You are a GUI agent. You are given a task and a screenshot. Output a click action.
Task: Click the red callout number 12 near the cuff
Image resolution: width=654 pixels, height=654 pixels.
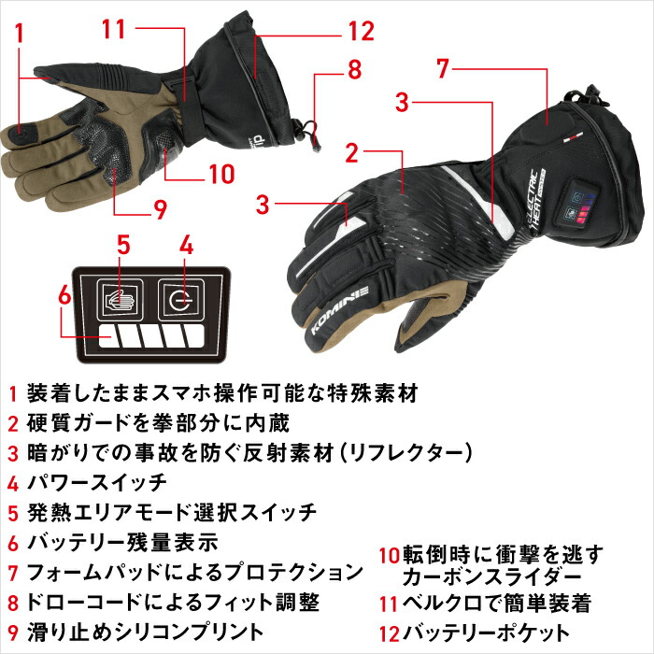tap(362, 31)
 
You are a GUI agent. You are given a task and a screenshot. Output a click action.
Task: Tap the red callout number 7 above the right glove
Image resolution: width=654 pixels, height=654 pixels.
tap(443, 68)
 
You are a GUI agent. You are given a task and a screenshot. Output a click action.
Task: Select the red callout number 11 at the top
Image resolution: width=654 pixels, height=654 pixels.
tap(114, 29)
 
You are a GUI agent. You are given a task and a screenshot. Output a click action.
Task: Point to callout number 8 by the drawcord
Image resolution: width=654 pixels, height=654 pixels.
tap(354, 70)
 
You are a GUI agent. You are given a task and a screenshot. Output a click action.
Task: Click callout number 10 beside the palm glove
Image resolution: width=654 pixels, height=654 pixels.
tap(221, 174)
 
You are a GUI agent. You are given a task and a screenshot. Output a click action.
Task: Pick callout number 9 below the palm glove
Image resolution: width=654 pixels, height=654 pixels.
tap(160, 209)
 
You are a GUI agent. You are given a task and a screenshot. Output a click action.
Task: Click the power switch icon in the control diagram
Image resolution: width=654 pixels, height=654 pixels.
tap(181, 300)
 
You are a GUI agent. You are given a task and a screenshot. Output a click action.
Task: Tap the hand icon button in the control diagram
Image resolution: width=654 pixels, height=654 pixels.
tap(120, 300)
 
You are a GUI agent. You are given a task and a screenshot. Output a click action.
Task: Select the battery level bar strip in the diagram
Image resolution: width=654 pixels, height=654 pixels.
tap(151, 336)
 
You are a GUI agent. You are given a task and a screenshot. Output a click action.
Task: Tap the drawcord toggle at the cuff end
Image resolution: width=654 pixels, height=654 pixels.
tap(313, 136)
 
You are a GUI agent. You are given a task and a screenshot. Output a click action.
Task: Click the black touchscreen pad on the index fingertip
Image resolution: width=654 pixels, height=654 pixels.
tap(20, 133)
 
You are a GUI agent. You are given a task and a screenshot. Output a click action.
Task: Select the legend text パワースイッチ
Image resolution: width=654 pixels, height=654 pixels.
tap(97, 483)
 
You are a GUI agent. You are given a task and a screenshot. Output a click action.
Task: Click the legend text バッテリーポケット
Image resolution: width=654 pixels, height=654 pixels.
tap(486, 633)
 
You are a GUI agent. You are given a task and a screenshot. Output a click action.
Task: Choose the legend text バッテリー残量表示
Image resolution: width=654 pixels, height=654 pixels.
tap(122, 542)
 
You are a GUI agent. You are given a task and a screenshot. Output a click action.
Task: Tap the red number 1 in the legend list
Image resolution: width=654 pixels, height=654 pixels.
tap(13, 393)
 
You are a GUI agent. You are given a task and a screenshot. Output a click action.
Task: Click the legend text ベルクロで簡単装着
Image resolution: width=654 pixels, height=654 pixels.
tap(497, 604)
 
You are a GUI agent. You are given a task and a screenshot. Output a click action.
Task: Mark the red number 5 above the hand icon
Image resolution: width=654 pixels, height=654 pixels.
tap(123, 245)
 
